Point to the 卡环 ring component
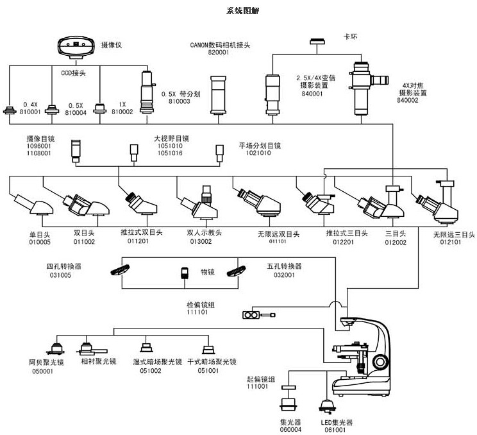pos(318,42)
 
